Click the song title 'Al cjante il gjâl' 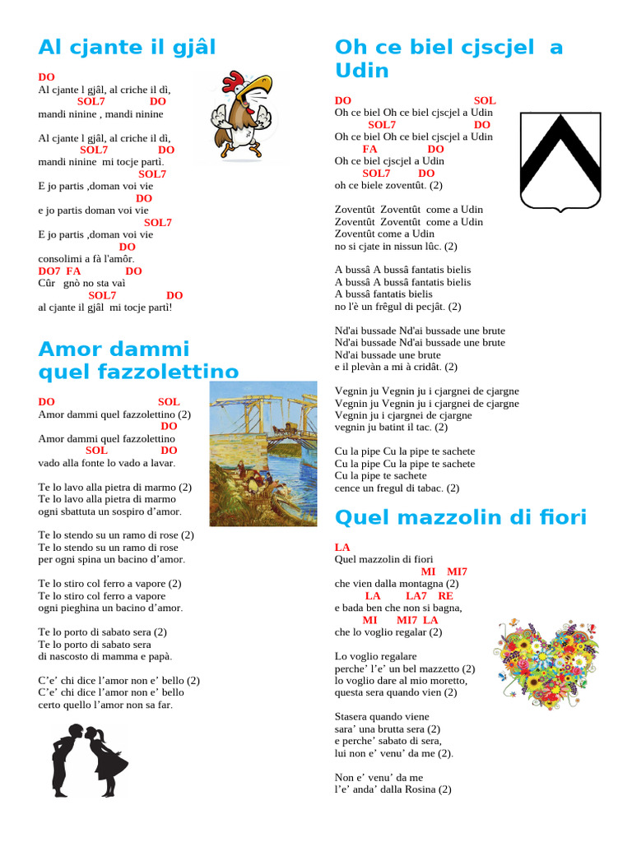coord(127,47)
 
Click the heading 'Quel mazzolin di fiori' coord(461,517)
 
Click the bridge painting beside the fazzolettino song coord(263,453)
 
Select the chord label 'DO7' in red coord(49,271)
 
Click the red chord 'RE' coord(445,595)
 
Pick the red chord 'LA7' coord(416,595)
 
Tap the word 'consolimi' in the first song coord(59,259)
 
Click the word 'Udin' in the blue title coord(362,71)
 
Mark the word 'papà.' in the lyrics coord(160,656)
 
